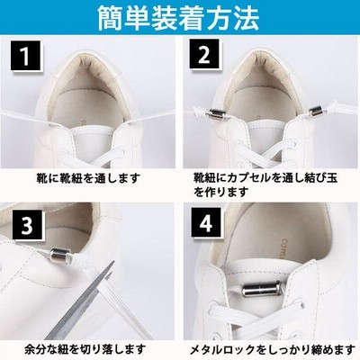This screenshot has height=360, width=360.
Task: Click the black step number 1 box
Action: coord(25,56)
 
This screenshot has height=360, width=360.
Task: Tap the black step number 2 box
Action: coord(204,55)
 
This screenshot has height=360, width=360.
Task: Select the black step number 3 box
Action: coord(27,225)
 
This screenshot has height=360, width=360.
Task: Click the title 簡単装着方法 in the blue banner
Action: coord(179,18)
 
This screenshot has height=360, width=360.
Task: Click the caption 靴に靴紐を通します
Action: coord(88,178)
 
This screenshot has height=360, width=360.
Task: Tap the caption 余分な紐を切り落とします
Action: coord(85,349)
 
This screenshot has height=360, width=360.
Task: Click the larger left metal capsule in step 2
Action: coord(217,114)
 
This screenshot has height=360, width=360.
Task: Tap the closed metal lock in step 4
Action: coord(260,290)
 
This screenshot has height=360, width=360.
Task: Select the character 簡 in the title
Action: coord(111,19)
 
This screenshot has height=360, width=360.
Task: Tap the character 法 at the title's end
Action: coord(247,19)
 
